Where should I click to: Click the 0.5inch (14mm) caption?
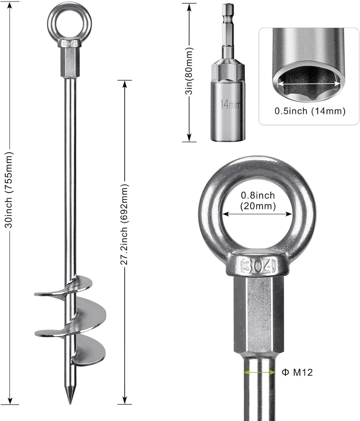309,111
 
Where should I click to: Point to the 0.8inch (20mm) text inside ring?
258,201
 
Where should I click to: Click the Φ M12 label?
297,372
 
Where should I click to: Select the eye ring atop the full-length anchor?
69,21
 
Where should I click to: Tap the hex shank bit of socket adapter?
228,31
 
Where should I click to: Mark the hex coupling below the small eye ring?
69,62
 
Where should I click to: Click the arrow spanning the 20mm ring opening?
257,214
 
